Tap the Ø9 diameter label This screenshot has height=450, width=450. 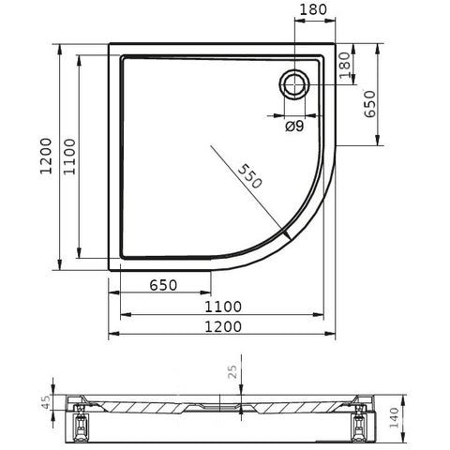[294, 127]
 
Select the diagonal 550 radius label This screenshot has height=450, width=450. [249, 176]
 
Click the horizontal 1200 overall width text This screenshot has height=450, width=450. [223, 327]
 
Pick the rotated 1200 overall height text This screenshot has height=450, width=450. [46, 157]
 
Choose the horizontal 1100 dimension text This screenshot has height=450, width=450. [223, 307]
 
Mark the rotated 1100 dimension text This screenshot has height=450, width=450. [69, 157]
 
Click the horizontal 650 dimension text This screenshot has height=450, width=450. [163, 285]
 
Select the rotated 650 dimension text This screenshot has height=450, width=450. [369, 104]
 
